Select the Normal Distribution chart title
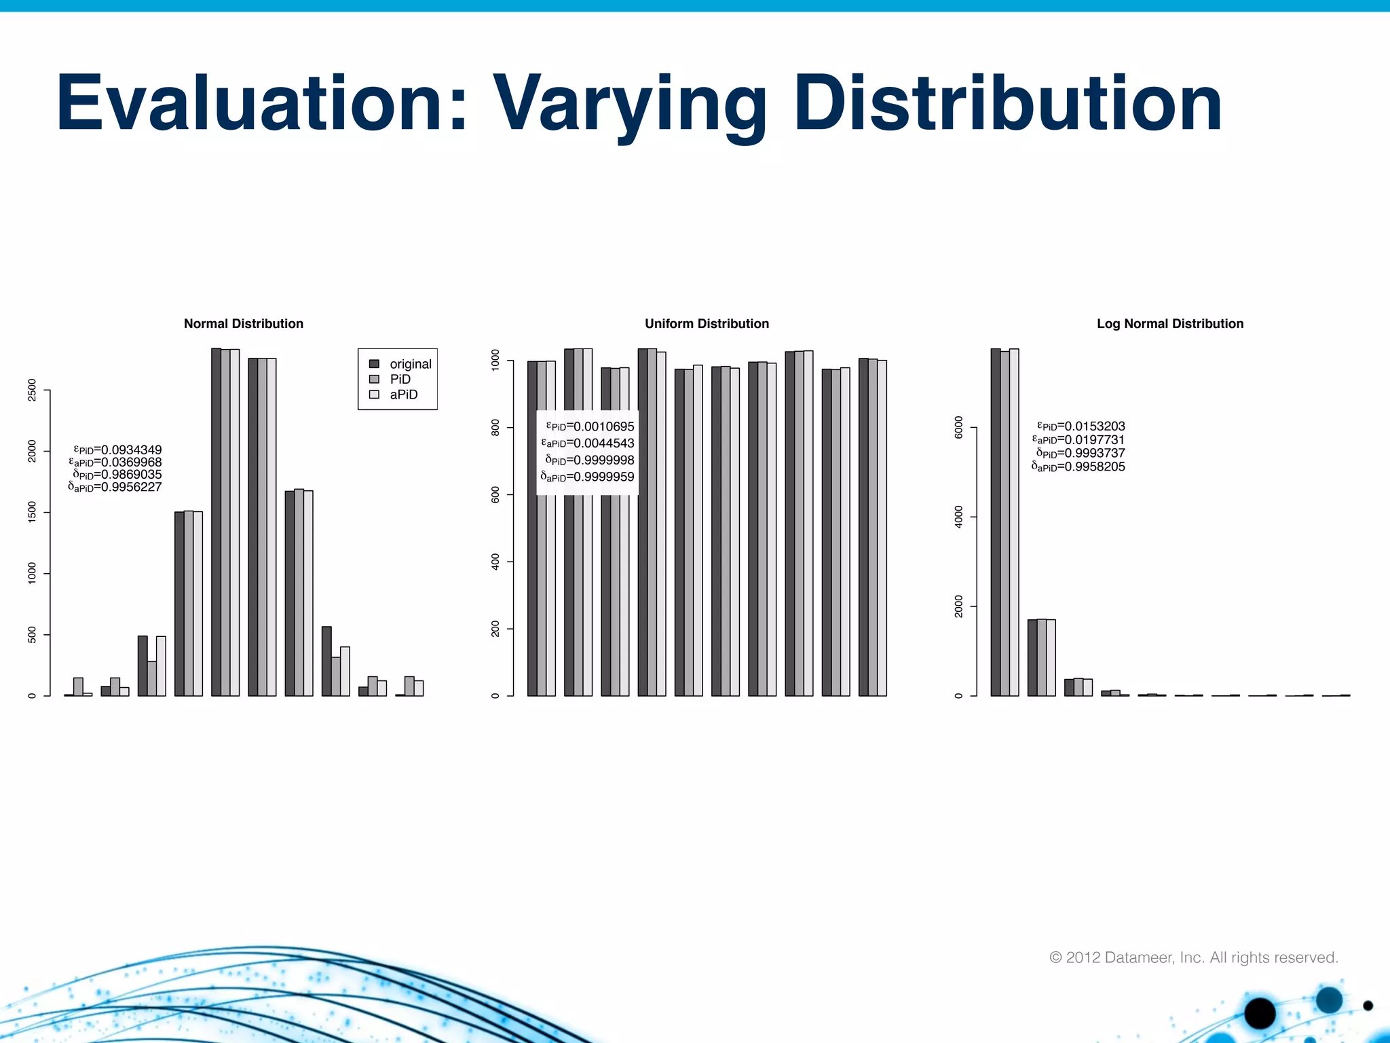(x=244, y=324)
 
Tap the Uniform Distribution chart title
(x=707, y=324)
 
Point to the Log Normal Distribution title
(x=1170, y=324)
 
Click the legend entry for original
(x=410, y=364)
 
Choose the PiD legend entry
(x=400, y=380)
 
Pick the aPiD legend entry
(x=403, y=395)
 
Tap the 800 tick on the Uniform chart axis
(x=495, y=428)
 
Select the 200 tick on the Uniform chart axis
(x=495, y=629)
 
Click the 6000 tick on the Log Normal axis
(x=958, y=428)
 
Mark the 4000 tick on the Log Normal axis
(x=958, y=517)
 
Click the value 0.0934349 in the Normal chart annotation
(x=131, y=450)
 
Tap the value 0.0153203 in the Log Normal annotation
(x=1094, y=426)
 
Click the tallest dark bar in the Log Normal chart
(x=995, y=523)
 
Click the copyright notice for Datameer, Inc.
(x=1193, y=957)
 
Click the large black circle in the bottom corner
(x=1260, y=1014)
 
